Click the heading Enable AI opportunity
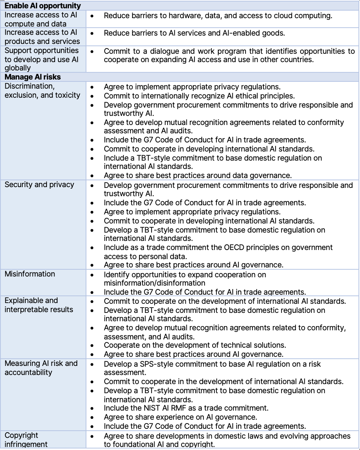click(x=42, y=6)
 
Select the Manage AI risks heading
click(x=33, y=77)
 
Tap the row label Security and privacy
click(x=39, y=185)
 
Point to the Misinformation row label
click(x=30, y=274)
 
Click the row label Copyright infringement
click(x=26, y=440)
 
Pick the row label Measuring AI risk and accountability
click(x=41, y=368)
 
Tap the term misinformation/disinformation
click(x=155, y=283)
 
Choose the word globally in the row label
click(x=18, y=68)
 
